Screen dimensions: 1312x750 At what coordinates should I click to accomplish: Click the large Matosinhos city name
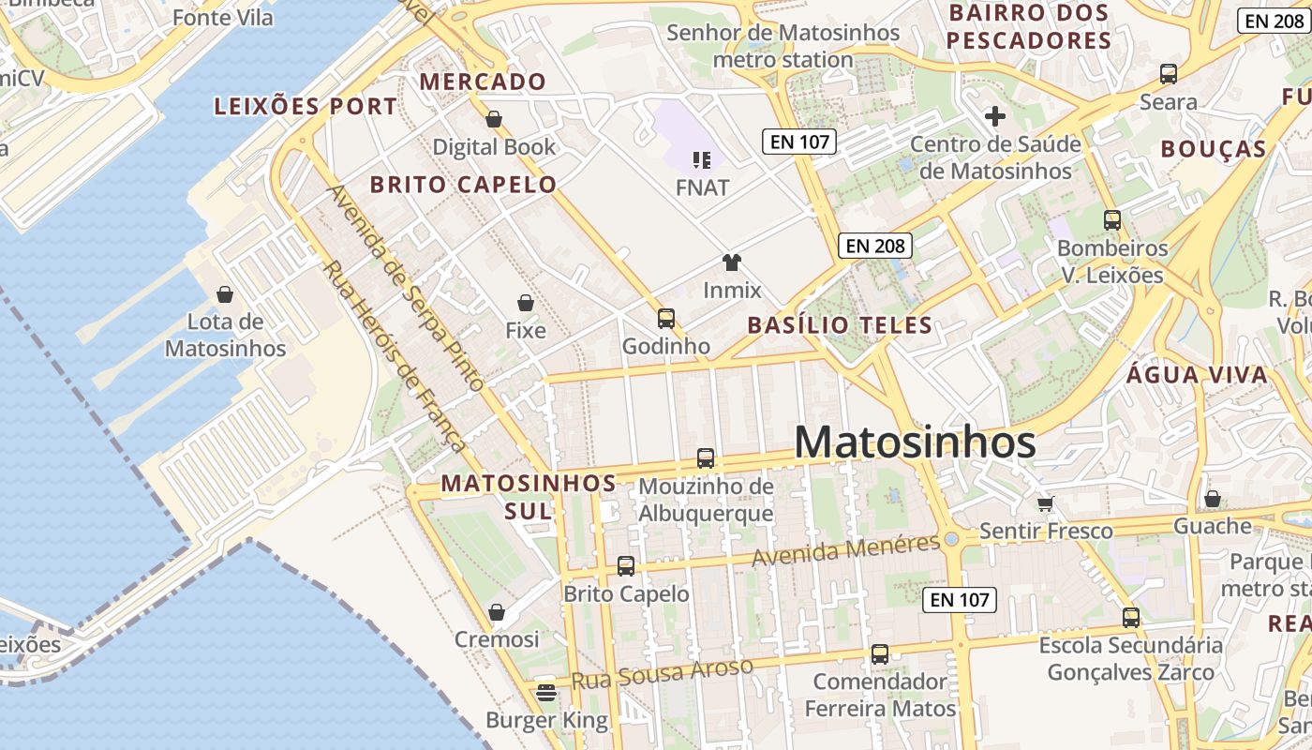pos(915,442)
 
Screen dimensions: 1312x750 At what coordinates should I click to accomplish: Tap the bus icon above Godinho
pos(665,319)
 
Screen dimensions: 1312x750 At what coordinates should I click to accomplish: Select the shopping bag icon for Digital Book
pos(493,119)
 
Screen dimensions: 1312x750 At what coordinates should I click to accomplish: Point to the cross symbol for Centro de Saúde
pos(995,116)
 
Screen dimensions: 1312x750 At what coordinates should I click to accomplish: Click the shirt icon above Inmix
pos(732,262)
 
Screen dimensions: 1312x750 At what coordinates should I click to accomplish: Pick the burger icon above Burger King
pos(546,693)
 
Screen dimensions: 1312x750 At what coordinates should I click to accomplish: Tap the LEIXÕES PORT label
pos(306,107)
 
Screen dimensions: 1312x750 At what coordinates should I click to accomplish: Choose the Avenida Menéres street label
pos(845,550)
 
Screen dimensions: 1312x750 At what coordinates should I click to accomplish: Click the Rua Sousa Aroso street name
pos(662,674)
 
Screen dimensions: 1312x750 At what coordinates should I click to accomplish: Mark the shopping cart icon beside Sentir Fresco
pos(1046,503)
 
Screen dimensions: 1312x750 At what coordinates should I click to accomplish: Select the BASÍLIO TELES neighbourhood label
pos(840,326)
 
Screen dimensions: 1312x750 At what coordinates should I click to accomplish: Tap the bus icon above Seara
pos(1168,74)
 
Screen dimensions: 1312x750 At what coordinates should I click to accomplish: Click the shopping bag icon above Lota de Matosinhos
pos(225,294)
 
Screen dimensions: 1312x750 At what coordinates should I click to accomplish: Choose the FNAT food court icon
pos(702,160)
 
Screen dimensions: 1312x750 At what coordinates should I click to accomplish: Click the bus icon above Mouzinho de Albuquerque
pos(706,458)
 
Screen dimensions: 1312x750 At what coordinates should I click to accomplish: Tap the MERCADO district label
pos(483,82)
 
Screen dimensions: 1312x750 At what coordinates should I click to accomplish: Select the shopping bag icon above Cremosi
pos(497,612)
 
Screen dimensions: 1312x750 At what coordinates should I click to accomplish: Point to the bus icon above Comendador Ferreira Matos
pos(879,654)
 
